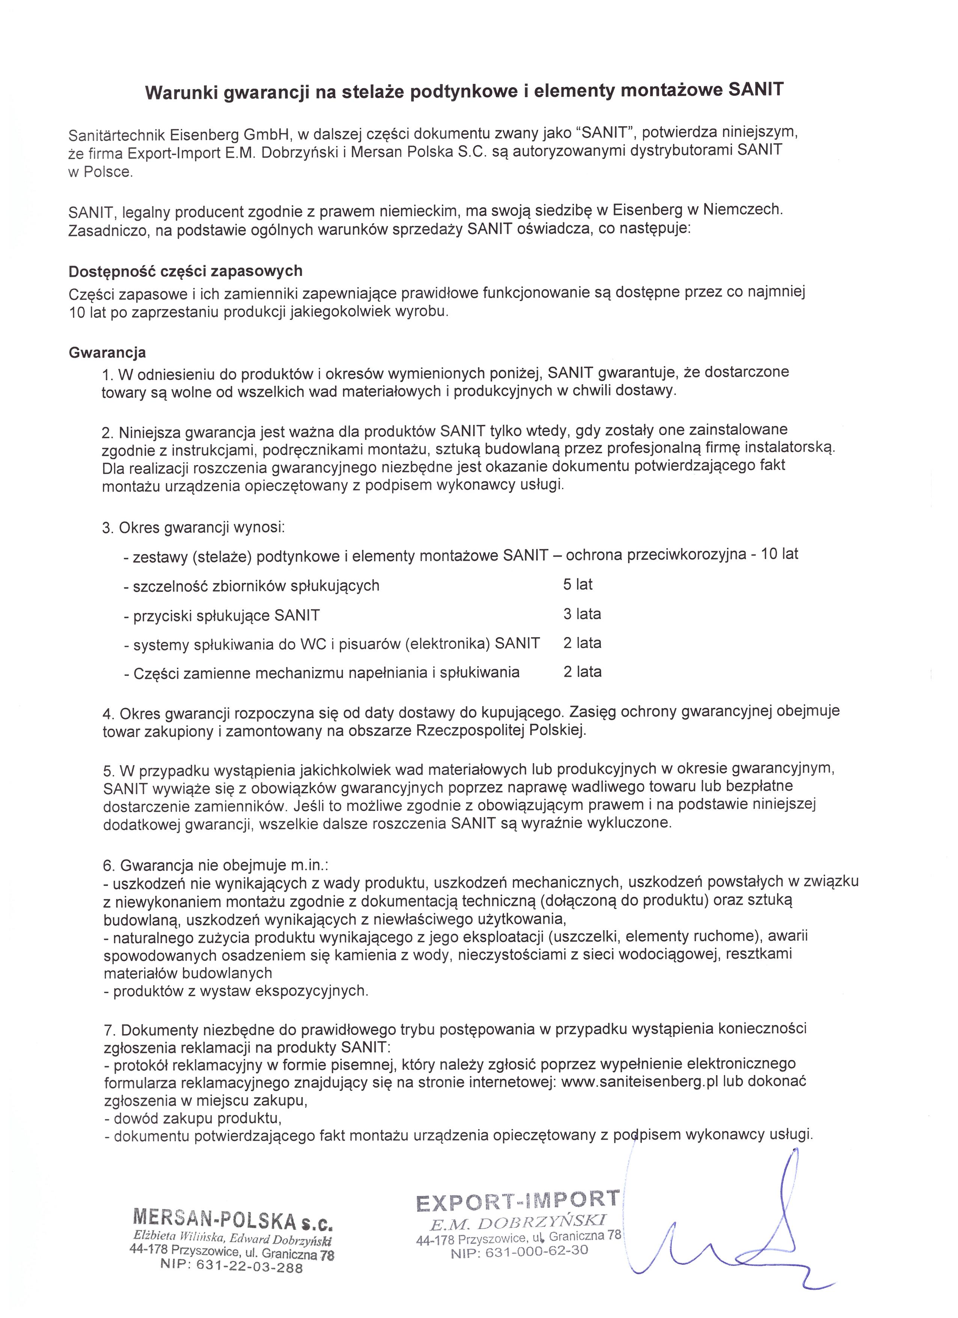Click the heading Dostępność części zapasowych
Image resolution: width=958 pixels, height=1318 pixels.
tap(185, 271)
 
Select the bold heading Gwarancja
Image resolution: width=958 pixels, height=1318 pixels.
tap(107, 353)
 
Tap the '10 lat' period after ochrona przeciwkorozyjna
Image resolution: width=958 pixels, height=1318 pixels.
tap(780, 554)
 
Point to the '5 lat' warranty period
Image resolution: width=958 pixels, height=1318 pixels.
tap(577, 584)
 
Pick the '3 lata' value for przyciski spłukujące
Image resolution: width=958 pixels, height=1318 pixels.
tap(581, 614)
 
